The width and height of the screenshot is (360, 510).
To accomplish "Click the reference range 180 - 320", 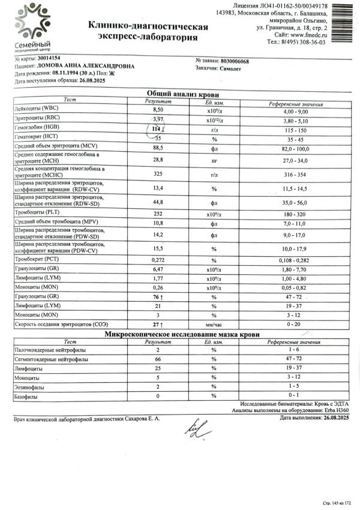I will pos(297,212).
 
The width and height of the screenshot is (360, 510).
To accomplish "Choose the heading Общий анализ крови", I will pos(183,94).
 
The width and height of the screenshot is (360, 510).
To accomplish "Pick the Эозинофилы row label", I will pos(31,388).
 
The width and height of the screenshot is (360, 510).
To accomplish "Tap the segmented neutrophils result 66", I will pos(158,359).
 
